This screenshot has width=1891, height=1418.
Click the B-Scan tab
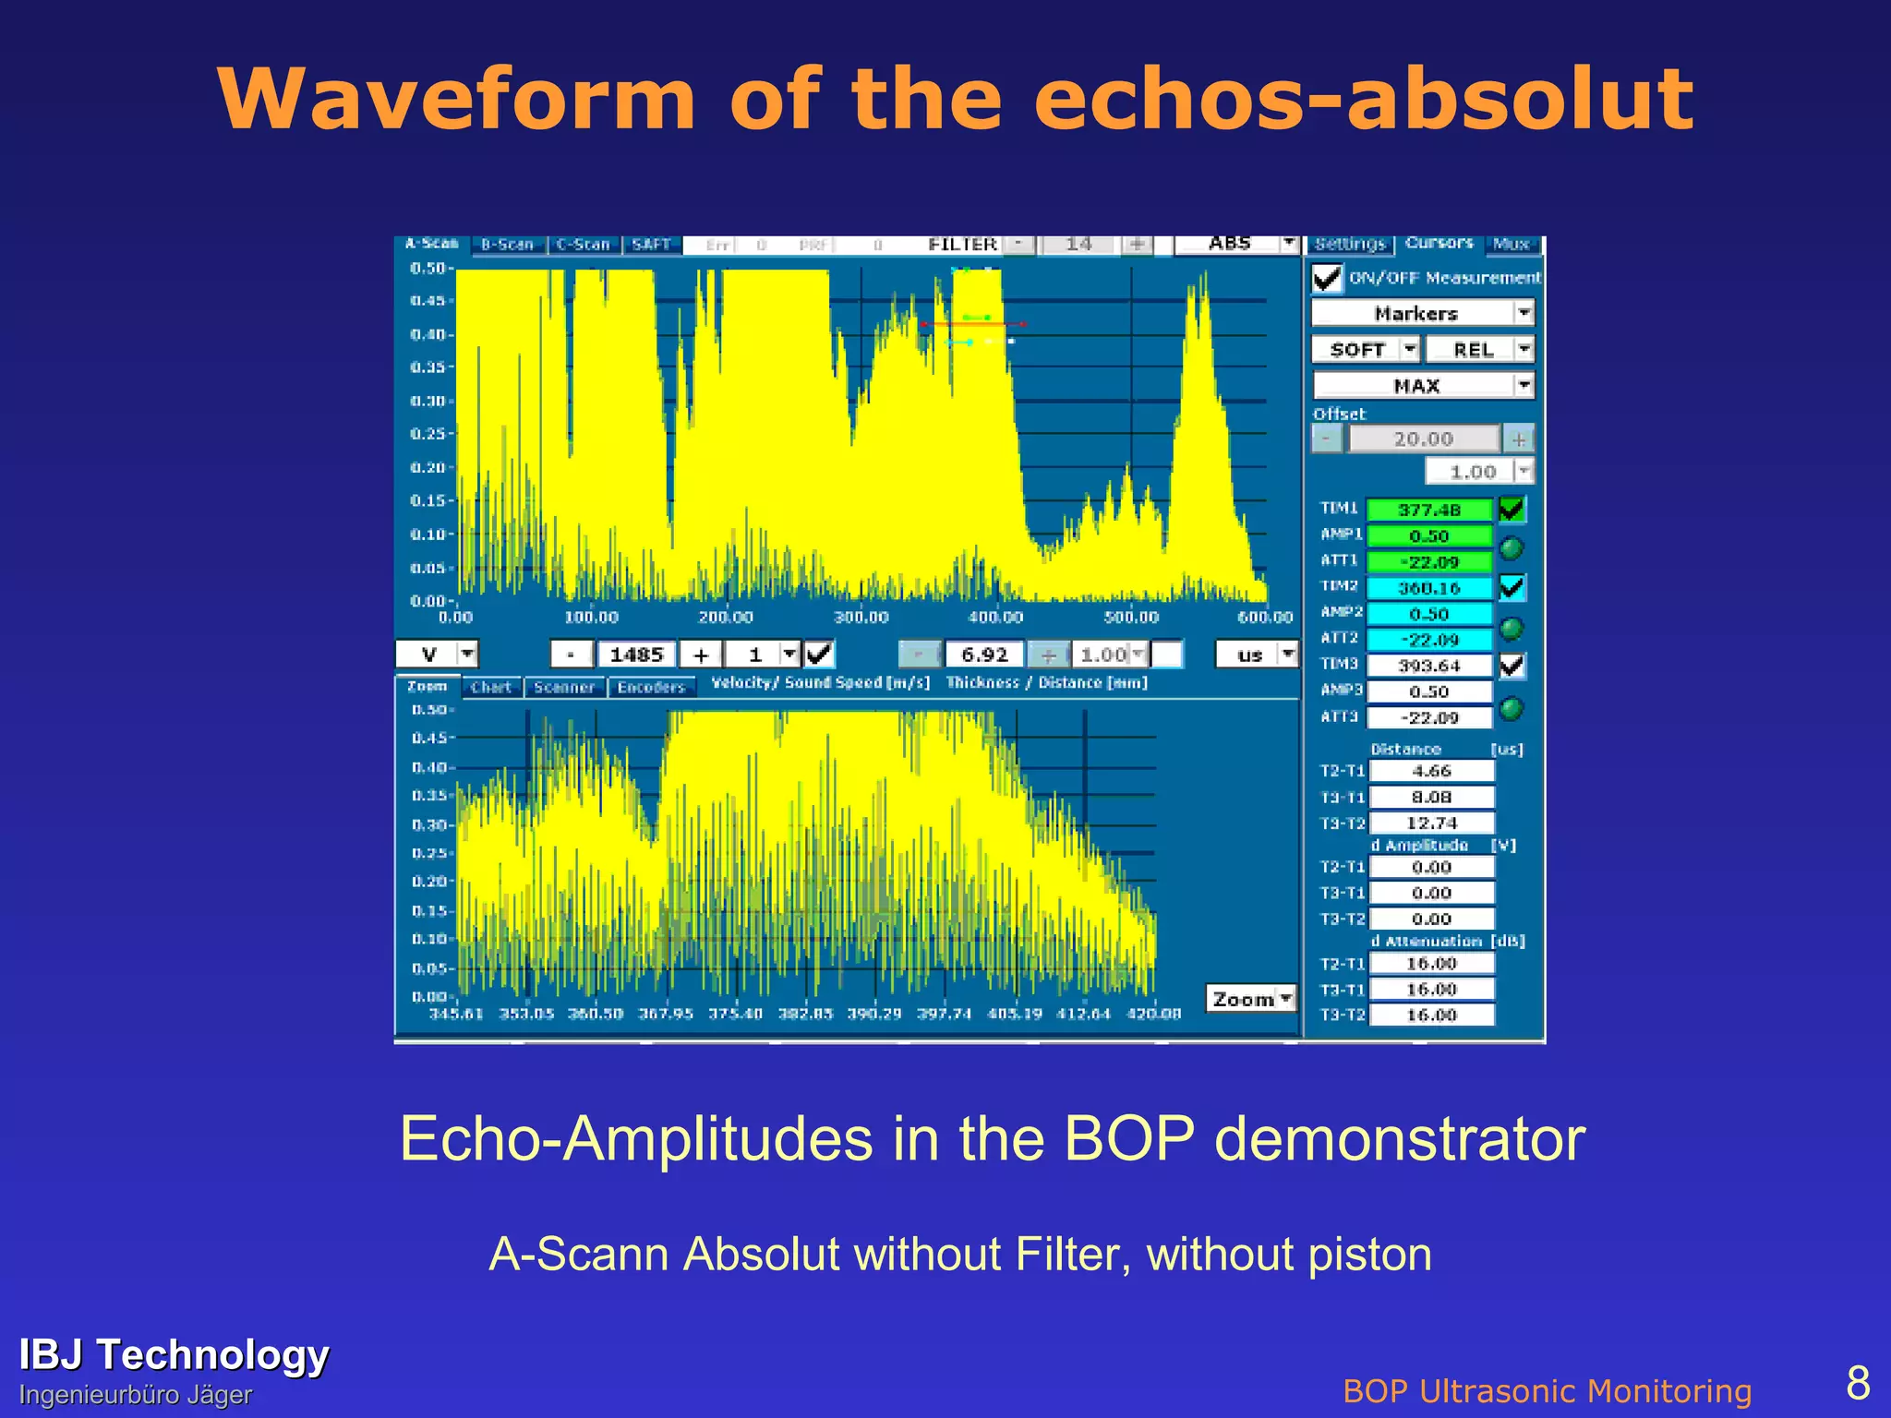coord(508,245)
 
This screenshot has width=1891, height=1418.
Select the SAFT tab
coord(651,245)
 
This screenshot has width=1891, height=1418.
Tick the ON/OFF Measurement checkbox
coord(1327,278)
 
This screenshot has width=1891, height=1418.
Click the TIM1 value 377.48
coord(1428,510)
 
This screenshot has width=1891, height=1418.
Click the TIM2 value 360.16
coord(1428,588)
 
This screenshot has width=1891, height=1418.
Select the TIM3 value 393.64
coord(1428,666)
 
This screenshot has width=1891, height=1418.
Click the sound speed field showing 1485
coord(636,655)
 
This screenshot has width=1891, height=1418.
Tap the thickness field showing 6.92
coord(984,655)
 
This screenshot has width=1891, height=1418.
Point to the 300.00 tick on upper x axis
coord(861,617)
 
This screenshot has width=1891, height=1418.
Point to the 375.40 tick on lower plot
coord(735,1014)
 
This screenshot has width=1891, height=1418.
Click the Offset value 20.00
coord(1423,439)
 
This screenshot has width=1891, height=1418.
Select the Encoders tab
coord(651,688)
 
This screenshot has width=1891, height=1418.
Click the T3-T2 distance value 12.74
coord(1431,823)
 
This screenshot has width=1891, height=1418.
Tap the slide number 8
coord(1857,1383)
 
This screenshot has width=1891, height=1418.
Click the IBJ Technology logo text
coord(174,1355)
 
